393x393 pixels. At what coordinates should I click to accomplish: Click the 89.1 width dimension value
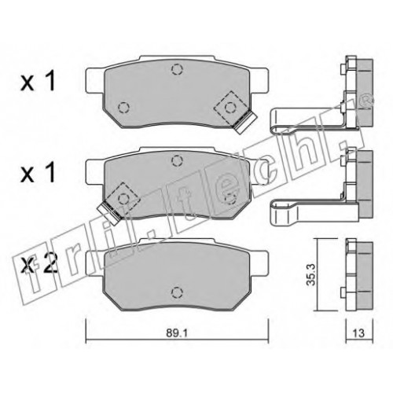point(177,333)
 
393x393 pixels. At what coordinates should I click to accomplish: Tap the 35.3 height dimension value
point(311,274)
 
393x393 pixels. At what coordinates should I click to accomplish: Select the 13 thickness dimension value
point(358,333)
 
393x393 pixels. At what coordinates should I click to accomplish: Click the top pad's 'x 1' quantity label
point(39,82)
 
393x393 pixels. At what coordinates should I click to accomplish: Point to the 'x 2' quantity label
point(39,264)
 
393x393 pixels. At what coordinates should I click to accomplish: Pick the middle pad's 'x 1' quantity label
point(39,172)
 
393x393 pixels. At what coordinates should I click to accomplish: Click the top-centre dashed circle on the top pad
point(177,69)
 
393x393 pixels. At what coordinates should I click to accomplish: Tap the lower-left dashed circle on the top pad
point(123,107)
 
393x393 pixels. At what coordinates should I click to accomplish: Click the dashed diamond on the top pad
point(230,107)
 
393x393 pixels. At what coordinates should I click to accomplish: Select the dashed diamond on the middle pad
point(123,199)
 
